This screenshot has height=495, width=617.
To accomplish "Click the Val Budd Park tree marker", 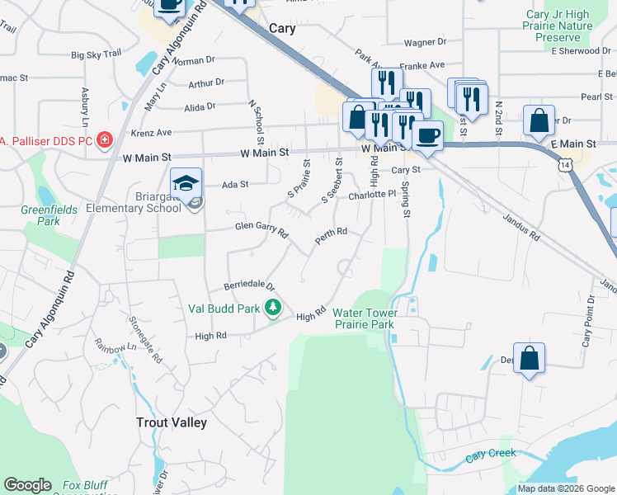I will point(274,309).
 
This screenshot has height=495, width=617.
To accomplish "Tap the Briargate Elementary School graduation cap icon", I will point(186,182).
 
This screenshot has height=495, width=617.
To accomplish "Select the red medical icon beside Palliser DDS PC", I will point(105,139).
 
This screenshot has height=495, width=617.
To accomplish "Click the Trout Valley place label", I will point(171,422).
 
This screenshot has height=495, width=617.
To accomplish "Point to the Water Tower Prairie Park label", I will point(364,318).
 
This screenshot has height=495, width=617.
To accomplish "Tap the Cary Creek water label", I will point(491,453).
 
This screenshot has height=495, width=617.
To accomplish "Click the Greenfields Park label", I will point(49,215).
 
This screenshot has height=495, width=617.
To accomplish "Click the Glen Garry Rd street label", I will point(260,229).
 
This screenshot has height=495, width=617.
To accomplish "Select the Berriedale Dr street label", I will point(249,285).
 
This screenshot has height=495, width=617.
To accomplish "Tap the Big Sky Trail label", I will point(97,54).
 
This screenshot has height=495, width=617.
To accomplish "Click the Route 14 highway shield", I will point(563,166).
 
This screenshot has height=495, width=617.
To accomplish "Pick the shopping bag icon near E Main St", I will point(539,120).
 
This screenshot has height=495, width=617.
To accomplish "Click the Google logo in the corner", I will point(28,486).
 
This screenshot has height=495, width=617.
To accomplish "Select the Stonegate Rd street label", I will point(144,341).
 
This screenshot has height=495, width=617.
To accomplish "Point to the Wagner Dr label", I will point(425,41).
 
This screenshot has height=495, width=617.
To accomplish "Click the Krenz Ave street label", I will point(151,132).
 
